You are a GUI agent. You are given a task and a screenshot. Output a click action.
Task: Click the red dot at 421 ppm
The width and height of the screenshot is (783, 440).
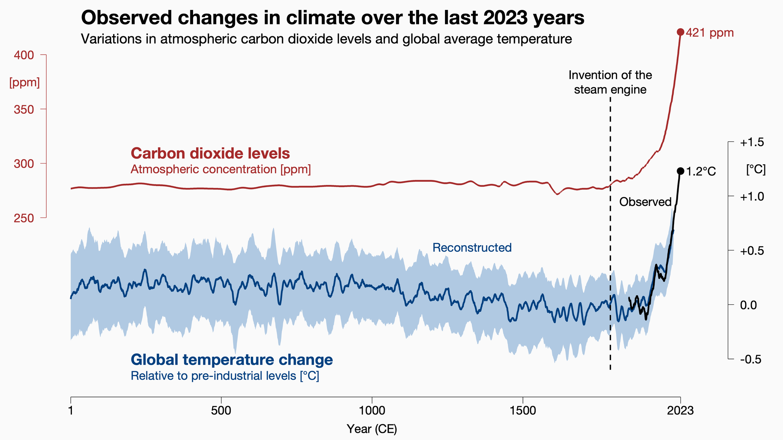click(680, 32)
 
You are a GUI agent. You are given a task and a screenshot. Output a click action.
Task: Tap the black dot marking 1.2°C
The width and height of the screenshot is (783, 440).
click(680, 171)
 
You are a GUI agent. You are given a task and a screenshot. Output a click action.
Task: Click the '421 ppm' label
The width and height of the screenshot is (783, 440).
click(710, 33)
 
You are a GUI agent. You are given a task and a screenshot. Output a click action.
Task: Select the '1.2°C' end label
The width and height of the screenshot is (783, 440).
click(700, 172)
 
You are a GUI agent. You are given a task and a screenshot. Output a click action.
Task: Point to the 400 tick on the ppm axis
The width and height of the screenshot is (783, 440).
click(24, 55)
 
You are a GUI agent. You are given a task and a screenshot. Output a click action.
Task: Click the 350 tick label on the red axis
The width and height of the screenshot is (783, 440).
click(24, 110)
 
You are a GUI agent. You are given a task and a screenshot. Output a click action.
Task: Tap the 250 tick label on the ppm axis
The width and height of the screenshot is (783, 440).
click(24, 218)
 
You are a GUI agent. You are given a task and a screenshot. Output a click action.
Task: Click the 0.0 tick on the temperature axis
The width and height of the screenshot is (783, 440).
click(752, 305)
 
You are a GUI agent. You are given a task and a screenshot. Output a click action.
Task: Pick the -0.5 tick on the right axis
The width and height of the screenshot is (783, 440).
click(751, 360)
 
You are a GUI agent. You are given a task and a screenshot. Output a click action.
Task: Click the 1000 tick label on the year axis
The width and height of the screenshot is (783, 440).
click(372, 411)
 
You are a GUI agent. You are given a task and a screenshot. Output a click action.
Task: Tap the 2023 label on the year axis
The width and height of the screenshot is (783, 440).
click(680, 411)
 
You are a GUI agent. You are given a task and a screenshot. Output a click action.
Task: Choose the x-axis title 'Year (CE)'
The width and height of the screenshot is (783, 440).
click(372, 429)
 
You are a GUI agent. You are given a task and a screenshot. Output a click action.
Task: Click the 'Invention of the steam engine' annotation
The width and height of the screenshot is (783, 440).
click(610, 82)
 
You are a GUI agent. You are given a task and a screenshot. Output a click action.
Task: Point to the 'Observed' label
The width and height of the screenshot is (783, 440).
click(645, 202)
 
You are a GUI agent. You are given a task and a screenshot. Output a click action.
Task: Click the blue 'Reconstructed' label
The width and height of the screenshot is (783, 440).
click(472, 248)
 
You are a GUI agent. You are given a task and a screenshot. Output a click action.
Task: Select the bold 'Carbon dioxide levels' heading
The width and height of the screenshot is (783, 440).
click(210, 154)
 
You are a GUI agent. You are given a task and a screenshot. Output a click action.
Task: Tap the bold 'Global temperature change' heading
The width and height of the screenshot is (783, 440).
click(232, 360)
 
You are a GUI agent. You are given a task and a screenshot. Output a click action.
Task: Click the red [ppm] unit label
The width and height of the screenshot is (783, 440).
click(24, 82)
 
